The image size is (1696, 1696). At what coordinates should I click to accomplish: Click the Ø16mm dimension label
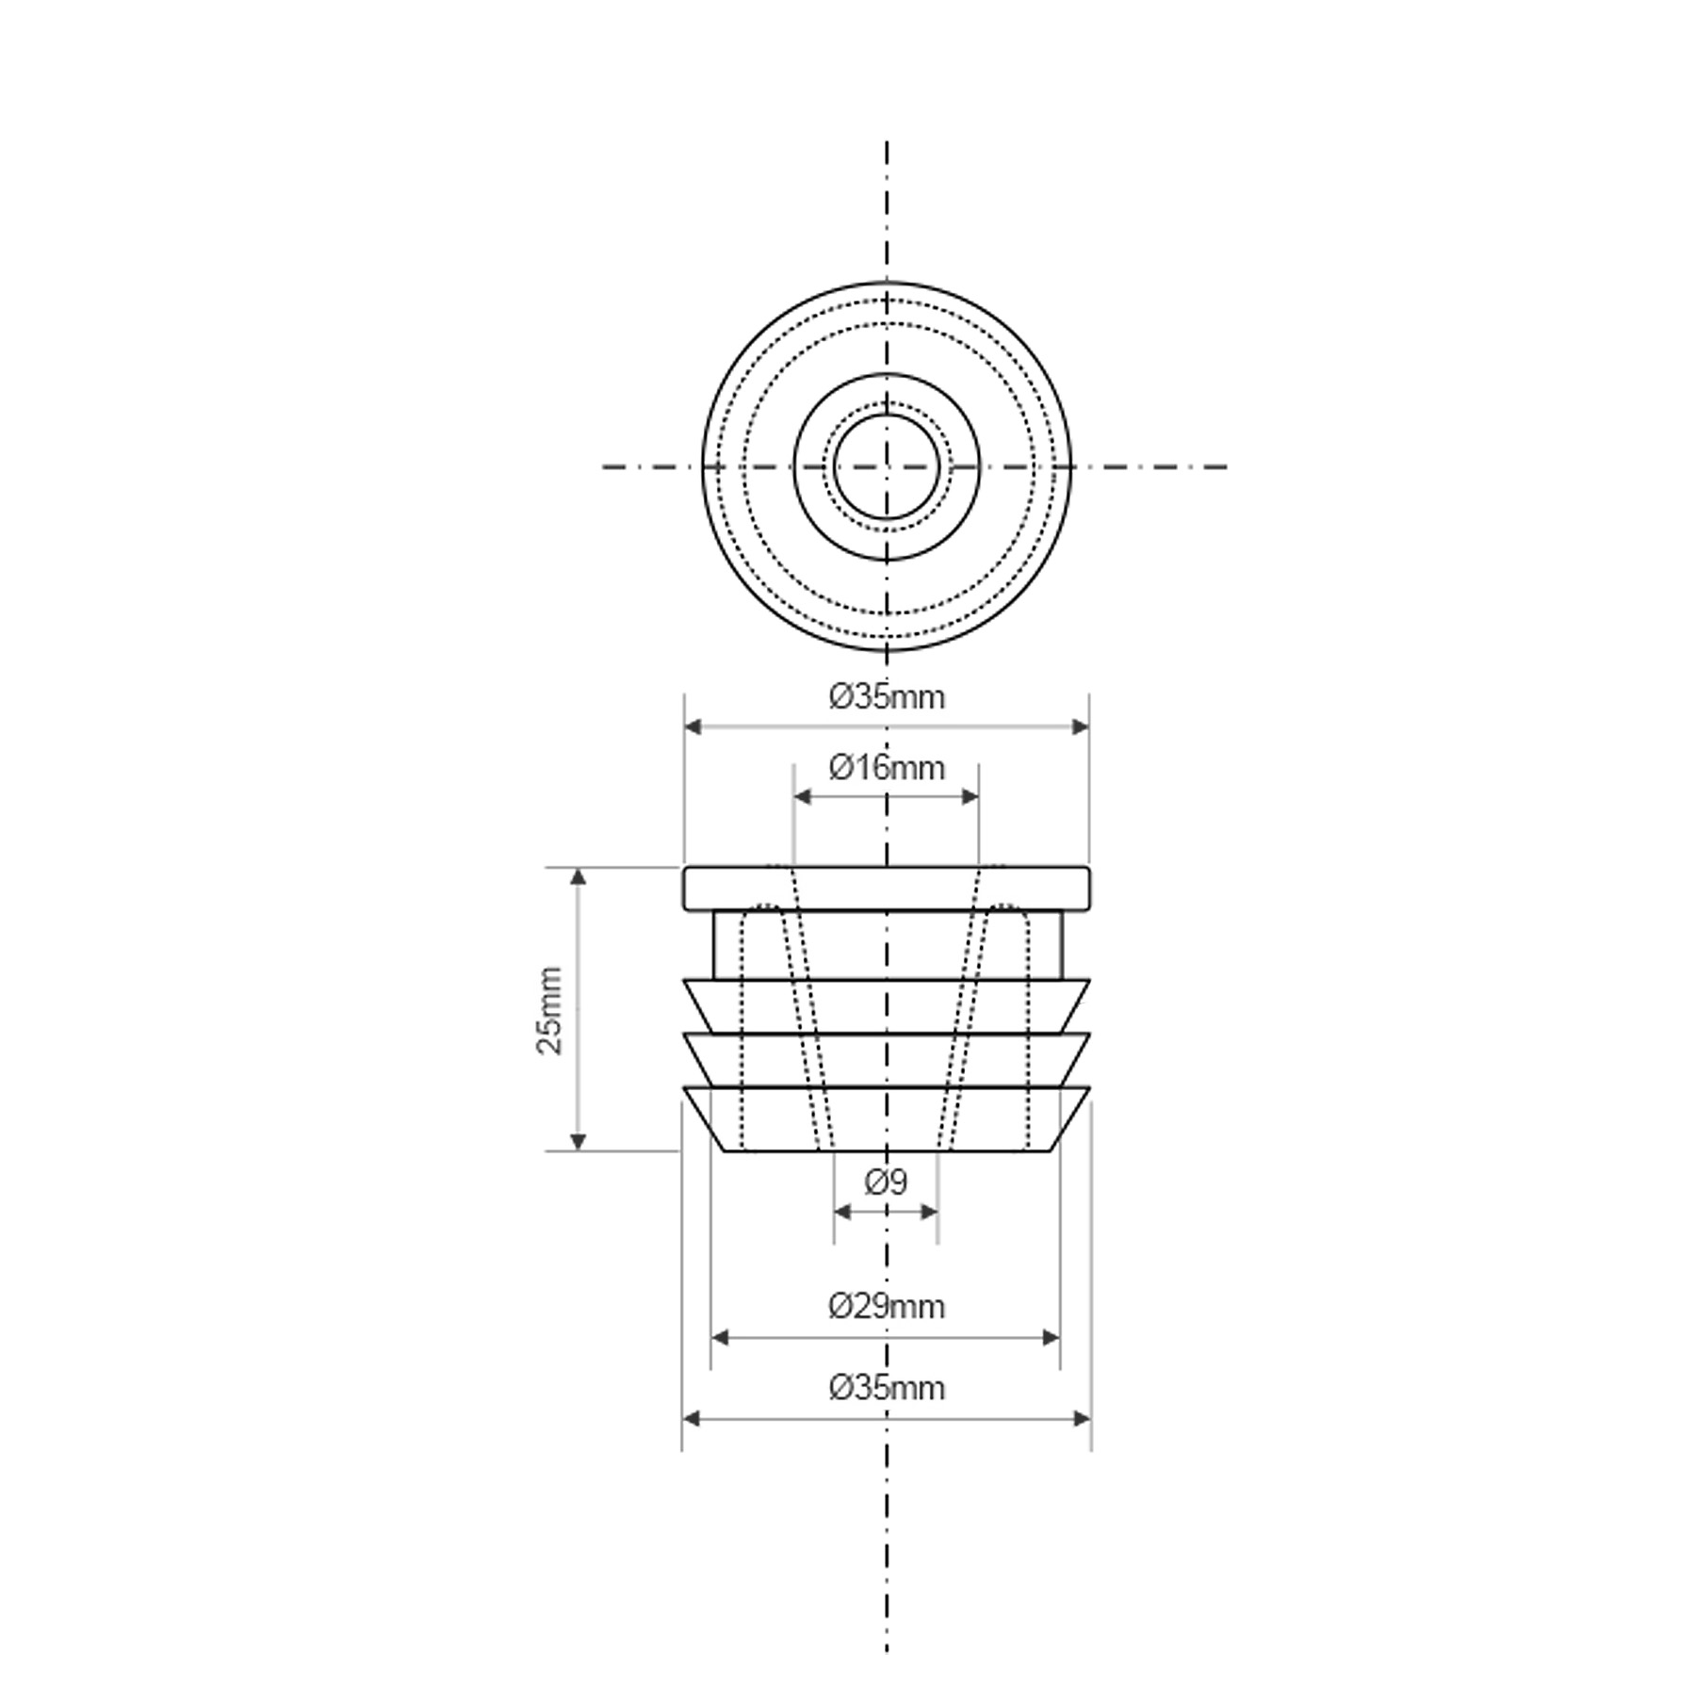887,768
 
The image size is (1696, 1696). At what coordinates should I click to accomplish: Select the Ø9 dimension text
887,1182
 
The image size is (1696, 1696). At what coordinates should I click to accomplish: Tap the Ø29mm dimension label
887,1307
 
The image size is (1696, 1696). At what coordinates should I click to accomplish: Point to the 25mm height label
550,1010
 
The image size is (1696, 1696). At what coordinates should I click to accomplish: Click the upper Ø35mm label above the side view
887,697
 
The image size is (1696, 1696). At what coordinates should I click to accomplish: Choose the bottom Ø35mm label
887,1388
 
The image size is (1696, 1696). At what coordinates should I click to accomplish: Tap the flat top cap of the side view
887,889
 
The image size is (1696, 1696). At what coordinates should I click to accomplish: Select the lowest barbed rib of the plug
887,1118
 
